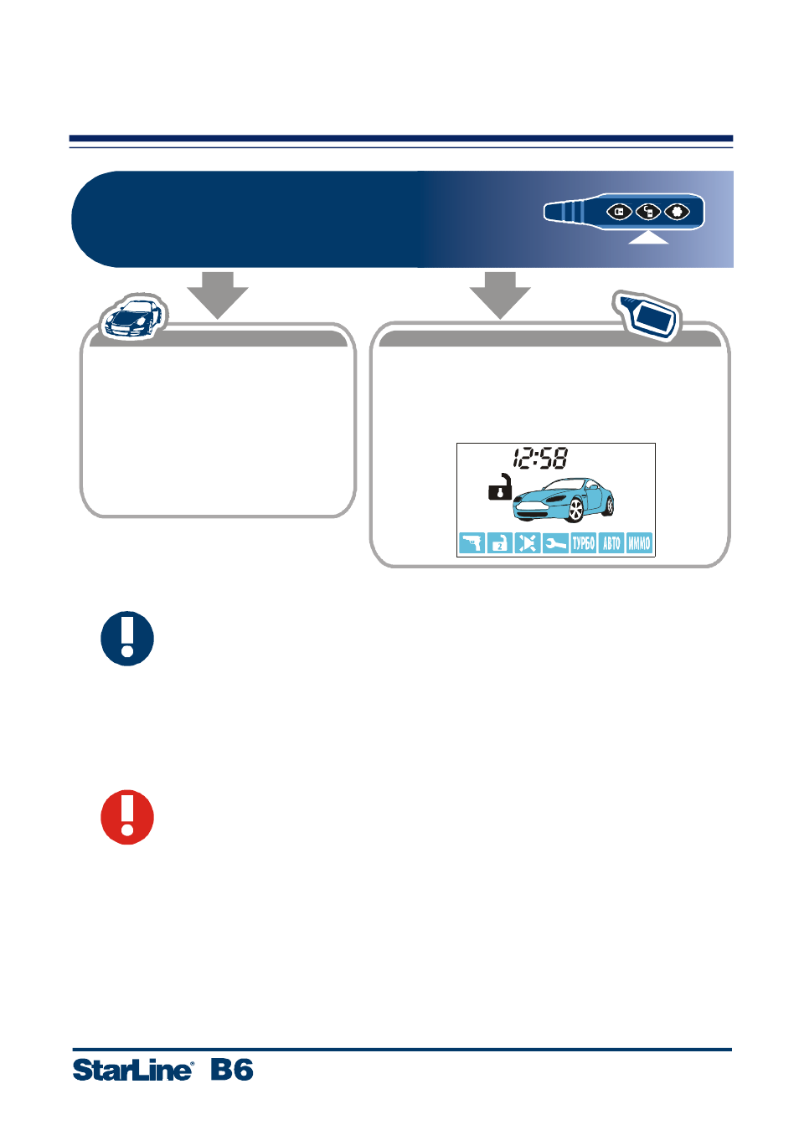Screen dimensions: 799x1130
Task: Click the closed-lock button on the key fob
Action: [619, 212]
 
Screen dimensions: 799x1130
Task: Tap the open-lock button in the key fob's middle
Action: [648, 212]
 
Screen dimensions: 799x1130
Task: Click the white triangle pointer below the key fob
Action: [648, 237]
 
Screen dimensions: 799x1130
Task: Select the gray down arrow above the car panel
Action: [218, 295]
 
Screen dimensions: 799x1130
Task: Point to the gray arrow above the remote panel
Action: [500, 295]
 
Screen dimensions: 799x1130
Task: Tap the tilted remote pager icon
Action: [647, 316]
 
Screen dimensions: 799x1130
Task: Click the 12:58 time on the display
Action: [540, 458]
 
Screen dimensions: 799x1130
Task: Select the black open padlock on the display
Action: [500, 487]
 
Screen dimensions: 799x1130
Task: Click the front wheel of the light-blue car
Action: [575, 511]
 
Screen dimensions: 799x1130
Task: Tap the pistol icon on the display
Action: [472, 543]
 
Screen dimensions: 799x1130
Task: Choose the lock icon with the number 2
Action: [500, 543]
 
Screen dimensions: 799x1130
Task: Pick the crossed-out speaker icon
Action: [528, 543]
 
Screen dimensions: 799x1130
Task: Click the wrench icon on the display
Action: [555, 543]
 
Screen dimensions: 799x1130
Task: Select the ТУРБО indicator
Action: [583, 543]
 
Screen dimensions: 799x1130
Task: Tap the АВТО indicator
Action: [611, 543]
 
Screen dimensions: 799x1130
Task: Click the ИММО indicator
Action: [639, 543]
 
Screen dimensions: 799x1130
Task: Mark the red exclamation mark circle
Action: [127, 817]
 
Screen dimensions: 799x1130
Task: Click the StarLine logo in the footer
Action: [132, 1070]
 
